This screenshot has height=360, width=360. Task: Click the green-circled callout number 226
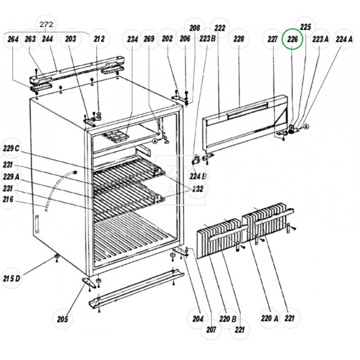293,40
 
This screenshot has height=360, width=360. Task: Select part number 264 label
13,39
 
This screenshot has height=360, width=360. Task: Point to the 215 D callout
12,279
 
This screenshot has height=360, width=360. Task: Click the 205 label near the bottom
63,319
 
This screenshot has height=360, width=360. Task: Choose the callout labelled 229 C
12,148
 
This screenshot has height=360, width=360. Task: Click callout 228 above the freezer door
238,39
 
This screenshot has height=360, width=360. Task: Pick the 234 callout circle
132,39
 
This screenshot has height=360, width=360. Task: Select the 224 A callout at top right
344,39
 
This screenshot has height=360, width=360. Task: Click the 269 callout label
149,39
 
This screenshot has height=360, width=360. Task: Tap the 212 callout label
99,39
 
